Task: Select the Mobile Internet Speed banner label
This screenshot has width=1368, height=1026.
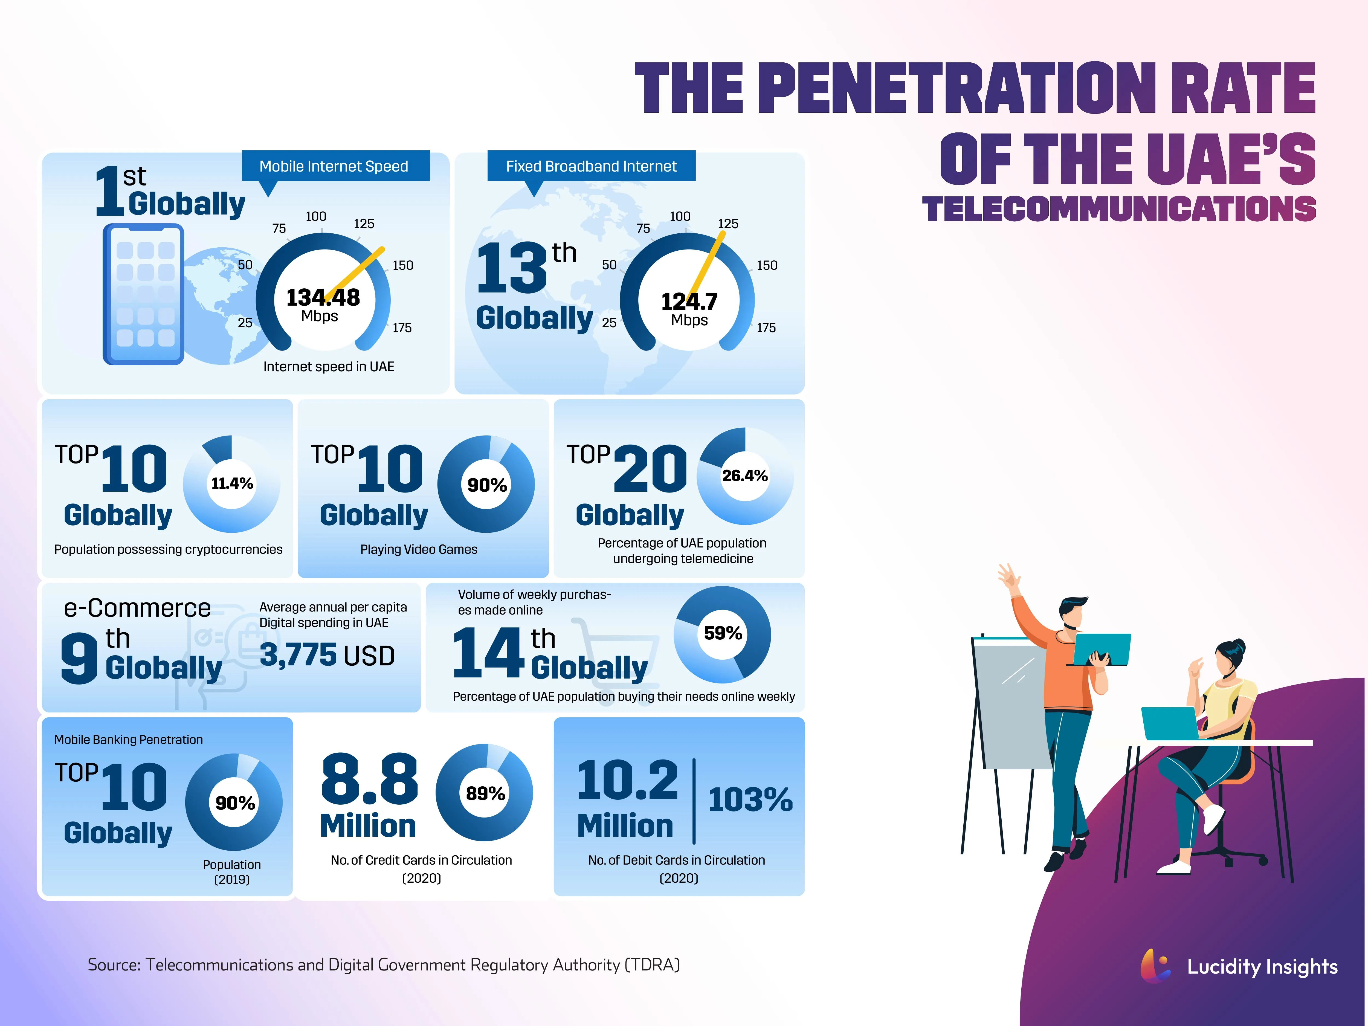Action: click(334, 166)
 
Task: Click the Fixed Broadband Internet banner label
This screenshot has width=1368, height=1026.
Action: click(591, 166)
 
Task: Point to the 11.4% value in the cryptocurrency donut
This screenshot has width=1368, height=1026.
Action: click(232, 484)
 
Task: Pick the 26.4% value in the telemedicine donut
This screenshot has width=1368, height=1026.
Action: click(745, 476)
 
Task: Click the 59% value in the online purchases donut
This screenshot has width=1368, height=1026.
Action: click(722, 633)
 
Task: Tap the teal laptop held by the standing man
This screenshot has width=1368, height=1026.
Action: click(1101, 649)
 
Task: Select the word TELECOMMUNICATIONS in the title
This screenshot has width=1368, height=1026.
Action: click(1118, 209)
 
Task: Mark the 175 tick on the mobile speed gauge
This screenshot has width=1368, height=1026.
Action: click(402, 328)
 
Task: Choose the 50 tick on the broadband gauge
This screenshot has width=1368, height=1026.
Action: click(609, 265)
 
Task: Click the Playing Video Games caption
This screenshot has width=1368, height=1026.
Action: click(419, 549)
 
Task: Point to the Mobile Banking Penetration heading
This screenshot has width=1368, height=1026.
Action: click(129, 740)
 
